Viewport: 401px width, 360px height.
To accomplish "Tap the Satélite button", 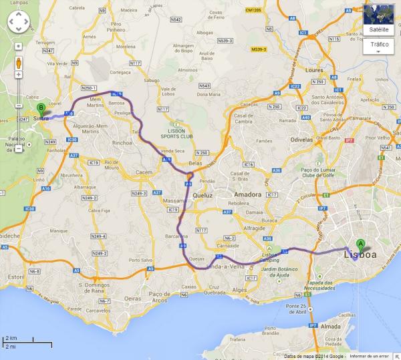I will tap(379, 29).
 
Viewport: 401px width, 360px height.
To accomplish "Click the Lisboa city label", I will tap(360, 255).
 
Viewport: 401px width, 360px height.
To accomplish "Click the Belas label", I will tap(196, 162).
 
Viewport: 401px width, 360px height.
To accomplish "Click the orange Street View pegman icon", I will tap(18, 64).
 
